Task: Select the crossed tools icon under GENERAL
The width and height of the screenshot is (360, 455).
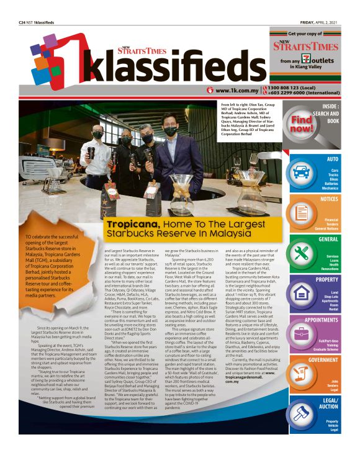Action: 302,253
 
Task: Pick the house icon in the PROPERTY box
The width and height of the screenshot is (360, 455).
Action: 302,293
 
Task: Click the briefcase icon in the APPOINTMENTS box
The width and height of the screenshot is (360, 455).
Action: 302,333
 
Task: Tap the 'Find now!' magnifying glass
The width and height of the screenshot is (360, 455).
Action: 303,122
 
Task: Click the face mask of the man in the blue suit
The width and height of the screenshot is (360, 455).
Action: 170,132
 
